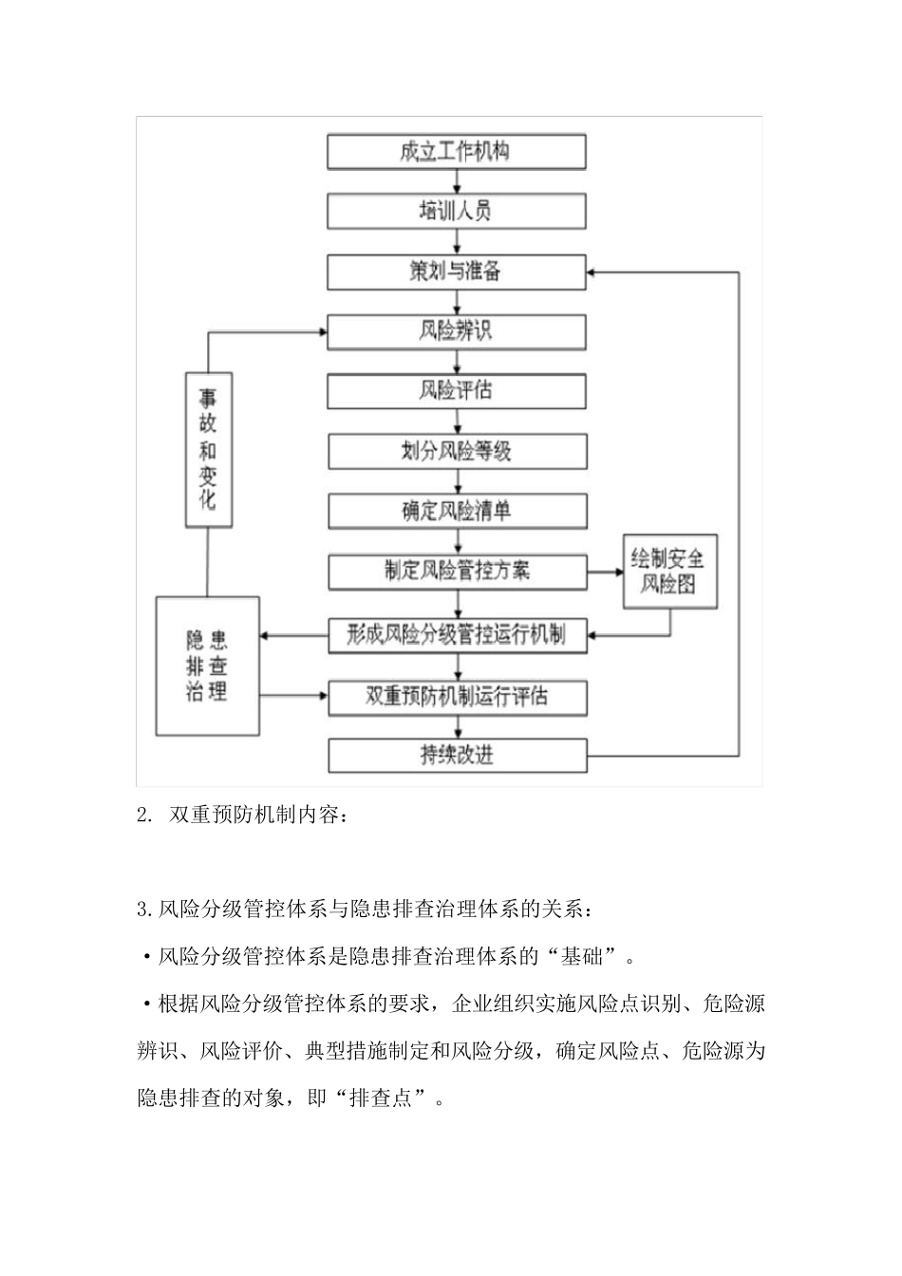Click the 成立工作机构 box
click(x=456, y=152)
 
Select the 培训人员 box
click(x=456, y=211)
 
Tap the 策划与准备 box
click(x=456, y=272)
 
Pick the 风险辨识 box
click(x=456, y=331)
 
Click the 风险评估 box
click(x=456, y=391)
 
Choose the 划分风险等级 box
click(x=456, y=451)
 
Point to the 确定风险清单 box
click(x=456, y=511)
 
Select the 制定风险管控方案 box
click(x=456, y=572)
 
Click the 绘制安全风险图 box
click(x=669, y=572)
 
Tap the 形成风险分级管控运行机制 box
click(x=456, y=635)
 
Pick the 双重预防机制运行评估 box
click(x=456, y=697)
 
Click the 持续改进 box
click(x=456, y=756)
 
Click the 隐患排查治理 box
click(x=207, y=666)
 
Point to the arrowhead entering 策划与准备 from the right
click(x=593, y=272)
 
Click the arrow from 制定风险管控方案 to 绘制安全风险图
click(x=604, y=572)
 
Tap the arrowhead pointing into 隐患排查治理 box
click(x=267, y=635)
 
